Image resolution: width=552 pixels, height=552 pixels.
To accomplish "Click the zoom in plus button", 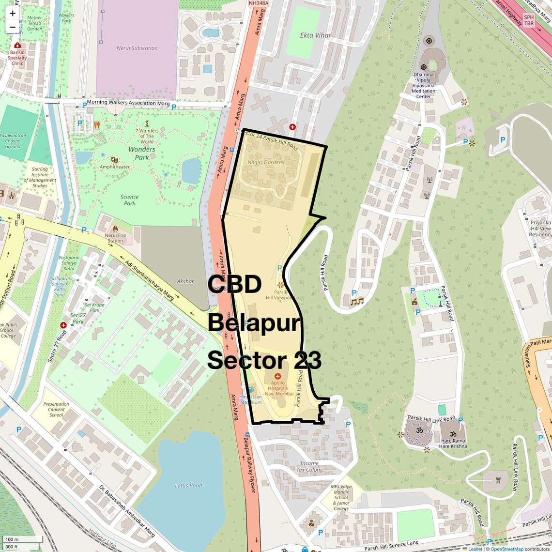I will pyautogui.click(x=13, y=14).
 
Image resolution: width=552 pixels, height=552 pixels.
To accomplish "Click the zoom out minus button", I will pyautogui.click(x=13, y=27).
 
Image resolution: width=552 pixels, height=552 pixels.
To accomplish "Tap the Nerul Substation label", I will pyautogui.click(x=137, y=48).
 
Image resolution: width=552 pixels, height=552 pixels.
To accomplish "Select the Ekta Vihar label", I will pyautogui.click(x=316, y=35).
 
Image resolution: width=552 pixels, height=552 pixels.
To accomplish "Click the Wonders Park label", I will pyautogui.click(x=142, y=153).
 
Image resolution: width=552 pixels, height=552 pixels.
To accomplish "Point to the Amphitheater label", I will pyautogui.click(x=115, y=167).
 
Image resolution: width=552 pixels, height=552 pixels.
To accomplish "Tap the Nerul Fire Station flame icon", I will pyautogui.click(x=115, y=228).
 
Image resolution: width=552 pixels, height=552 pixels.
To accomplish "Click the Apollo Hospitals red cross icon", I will pyautogui.click(x=277, y=376).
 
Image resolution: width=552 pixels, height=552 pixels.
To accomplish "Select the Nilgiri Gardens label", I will pyautogui.click(x=266, y=162).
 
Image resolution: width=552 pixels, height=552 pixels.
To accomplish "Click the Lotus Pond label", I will pyautogui.click(x=188, y=485).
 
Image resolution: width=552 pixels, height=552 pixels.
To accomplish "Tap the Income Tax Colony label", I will pyautogui.click(x=309, y=466).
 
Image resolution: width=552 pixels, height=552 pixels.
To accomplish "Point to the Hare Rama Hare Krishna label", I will pyautogui.click(x=453, y=444).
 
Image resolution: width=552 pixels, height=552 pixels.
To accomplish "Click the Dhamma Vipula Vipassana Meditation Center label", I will pyautogui.click(x=424, y=85).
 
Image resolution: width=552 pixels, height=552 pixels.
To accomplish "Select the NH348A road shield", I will pyautogui.click(x=258, y=3).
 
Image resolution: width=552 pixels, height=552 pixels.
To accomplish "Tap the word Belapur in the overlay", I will pyautogui.click(x=255, y=323).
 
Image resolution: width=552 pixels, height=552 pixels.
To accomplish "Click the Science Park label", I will pyautogui.click(x=129, y=200).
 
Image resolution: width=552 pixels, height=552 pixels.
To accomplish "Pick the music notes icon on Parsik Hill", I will pyautogui.click(x=357, y=301).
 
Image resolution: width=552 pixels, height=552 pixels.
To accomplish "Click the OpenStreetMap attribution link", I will pyautogui.click(x=506, y=549).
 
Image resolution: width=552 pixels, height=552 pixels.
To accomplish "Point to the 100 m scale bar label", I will pyautogui.click(x=12, y=539).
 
